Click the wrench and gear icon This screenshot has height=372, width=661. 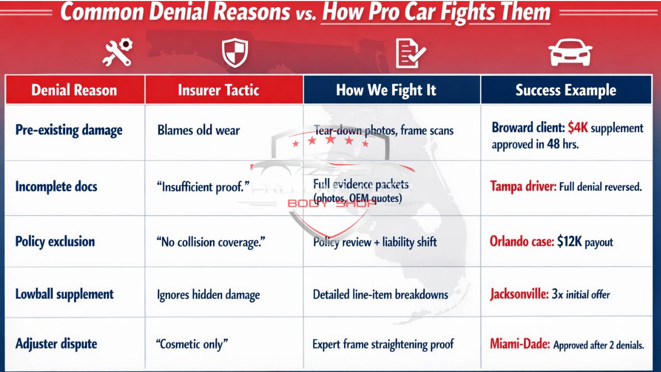pyautogui.click(x=117, y=53)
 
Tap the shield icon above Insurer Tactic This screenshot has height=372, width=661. pyautogui.click(x=235, y=53)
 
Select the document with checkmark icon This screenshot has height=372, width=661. pyautogui.click(x=411, y=54)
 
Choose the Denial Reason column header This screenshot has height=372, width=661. pyautogui.click(x=75, y=90)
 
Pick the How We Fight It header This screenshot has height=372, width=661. pyautogui.click(x=386, y=90)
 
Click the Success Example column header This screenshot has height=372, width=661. pyautogui.click(x=565, y=90)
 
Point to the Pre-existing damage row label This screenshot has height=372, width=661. pyautogui.click(x=69, y=130)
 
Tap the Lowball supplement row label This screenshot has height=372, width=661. pyautogui.click(x=65, y=295)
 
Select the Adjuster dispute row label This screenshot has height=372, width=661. pyautogui.click(x=56, y=344)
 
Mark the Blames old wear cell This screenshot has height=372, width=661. pyautogui.click(x=199, y=130)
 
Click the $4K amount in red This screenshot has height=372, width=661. pyautogui.click(x=577, y=128)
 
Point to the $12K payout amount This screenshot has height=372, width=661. pyautogui.click(x=570, y=241)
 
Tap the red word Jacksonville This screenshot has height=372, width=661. pyautogui.click(x=518, y=295)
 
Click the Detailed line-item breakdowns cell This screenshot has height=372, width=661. pyautogui.click(x=380, y=295)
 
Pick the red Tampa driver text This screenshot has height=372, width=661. pyautogui.click(x=523, y=186)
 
